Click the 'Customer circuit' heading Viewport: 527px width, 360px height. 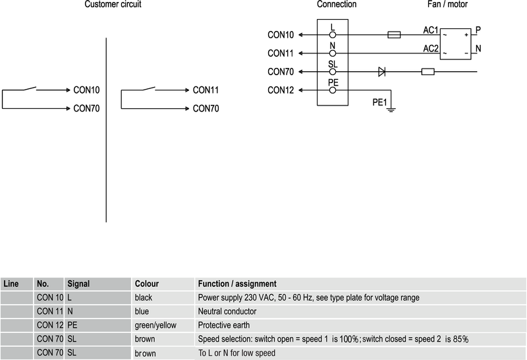coord(113,5)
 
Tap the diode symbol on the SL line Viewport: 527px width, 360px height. coord(381,71)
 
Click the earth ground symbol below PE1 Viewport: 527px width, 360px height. coord(391,109)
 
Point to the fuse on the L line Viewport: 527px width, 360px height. coord(395,34)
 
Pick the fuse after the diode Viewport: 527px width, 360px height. coord(428,71)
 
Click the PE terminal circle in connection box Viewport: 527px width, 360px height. coord(333,90)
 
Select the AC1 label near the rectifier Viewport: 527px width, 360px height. coord(431,30)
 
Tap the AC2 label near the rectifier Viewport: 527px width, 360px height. coord(431,49)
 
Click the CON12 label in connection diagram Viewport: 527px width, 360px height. coord(281,90)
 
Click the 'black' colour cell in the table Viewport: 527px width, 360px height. coord(143,297)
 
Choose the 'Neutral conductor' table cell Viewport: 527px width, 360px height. coord(227,311)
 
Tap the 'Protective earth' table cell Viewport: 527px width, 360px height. coord(224,325)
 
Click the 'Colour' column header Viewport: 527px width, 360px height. coord(147,284)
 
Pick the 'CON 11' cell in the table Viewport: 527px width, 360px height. coord(49,311)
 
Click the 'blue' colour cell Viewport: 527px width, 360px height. coord(142,311)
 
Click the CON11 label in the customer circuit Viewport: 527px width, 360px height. coord(206,90)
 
